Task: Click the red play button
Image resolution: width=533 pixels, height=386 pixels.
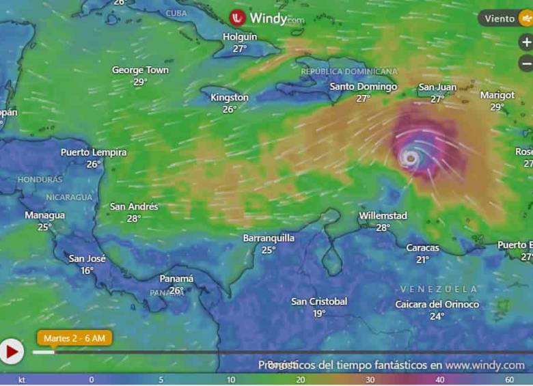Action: tap(12, 351)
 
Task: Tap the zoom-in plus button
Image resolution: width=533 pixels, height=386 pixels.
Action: tap(525, 42)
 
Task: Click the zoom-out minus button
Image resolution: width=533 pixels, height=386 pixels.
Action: tap(525, 64)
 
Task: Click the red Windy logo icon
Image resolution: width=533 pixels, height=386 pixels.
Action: tap(238, 18)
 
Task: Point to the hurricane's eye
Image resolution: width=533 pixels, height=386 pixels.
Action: tap(411, 158)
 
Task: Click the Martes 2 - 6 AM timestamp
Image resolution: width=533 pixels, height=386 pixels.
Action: tap(74, 338)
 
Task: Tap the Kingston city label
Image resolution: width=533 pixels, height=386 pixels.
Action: tap(230, 98)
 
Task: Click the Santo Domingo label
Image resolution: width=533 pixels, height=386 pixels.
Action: tap(363, 87)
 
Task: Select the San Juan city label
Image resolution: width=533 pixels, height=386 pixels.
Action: tap(437, 87)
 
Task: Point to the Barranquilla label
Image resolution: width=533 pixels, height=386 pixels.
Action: tap(269, 238)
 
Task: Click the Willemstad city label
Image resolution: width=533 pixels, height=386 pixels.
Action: tap(383, 216)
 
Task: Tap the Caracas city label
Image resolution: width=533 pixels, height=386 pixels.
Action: tap(422, 247)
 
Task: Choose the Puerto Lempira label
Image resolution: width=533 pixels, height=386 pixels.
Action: tap(94, 152)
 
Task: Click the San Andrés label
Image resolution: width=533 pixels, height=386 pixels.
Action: tap(134, 206)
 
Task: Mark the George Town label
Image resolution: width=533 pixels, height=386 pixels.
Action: tap(140, 70)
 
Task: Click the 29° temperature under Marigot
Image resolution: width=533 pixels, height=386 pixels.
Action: tap(497, 107)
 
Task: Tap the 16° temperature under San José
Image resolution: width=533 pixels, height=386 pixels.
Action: tap(87, 271)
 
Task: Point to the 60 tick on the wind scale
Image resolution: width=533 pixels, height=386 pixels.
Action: tap(509, 380)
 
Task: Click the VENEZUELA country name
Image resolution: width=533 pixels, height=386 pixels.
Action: tap(439, 289)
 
